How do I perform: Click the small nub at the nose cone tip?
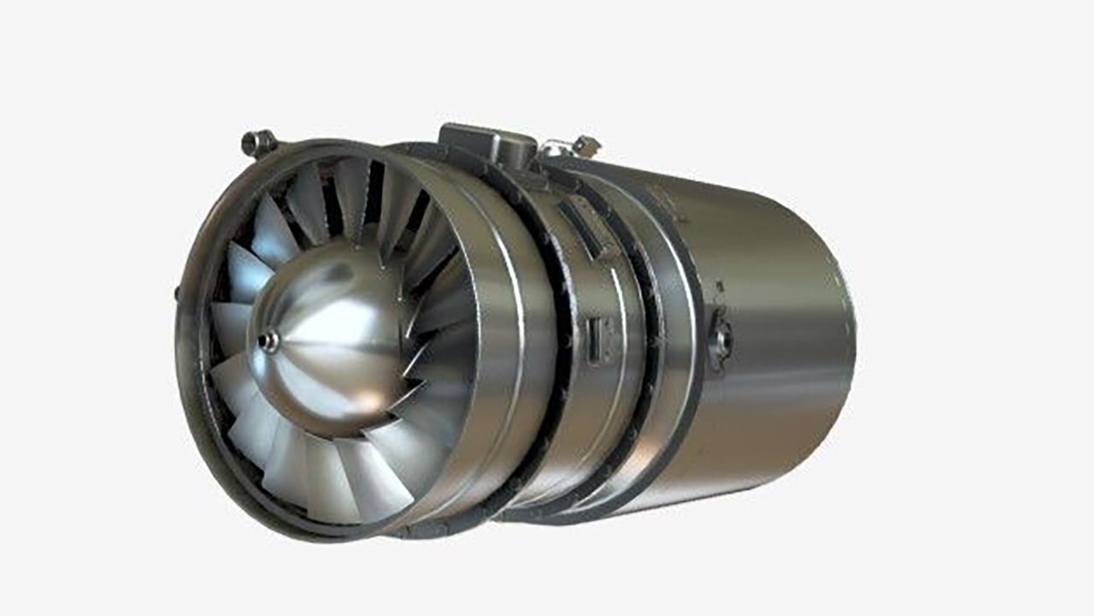(269, 341)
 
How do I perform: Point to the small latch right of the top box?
(586, 145)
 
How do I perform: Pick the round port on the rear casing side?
(720, 340)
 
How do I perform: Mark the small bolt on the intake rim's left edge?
(179, 293)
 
